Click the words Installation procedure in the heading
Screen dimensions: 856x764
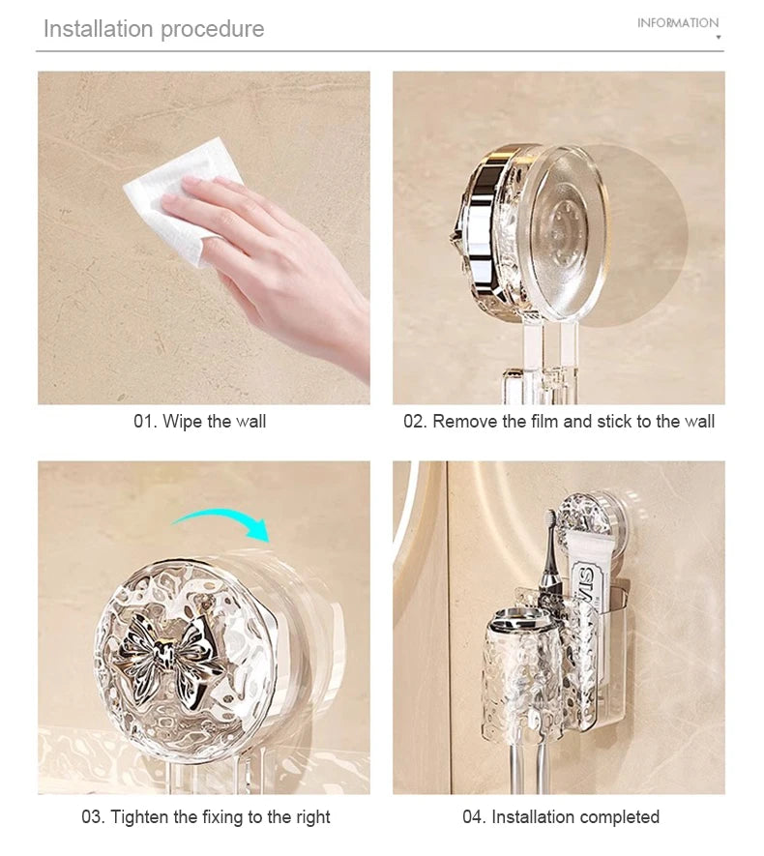coord(153,29)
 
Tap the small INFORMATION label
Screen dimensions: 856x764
coord(678,23)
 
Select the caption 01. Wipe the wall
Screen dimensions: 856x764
coord(199,422)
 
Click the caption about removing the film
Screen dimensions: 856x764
coord(559,422)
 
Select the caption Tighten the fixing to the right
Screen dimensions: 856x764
coord(205,817)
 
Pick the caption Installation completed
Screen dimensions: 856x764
coord(561,817)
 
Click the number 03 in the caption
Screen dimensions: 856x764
coord(92,817)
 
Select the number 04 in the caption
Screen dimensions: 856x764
coord(473,817)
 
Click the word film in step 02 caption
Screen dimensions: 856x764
coord(546,422)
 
